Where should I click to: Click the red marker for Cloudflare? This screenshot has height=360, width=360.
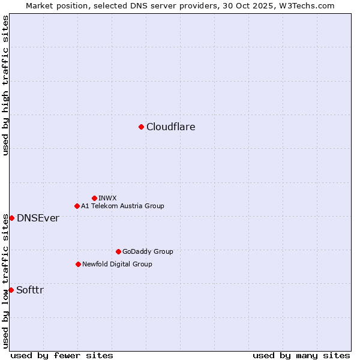click(141, 127)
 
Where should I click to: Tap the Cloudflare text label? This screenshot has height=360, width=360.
click(171, 127)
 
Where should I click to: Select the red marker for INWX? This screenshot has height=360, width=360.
click(94, 198)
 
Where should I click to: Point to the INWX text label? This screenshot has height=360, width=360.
click(107, 198)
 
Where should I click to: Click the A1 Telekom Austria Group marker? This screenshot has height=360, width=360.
click(77, 206)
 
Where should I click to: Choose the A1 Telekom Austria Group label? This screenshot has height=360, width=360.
click(122, 206)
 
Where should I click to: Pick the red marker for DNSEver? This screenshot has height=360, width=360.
click(11, 218)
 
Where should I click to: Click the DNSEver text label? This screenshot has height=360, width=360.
click(38, 218)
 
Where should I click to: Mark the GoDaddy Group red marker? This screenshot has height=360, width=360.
click(118, 251)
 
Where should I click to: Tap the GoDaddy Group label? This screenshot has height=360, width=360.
click(148, 251)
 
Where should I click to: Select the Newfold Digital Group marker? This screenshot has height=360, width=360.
click(78, 264)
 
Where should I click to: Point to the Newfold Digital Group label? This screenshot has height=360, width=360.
click(117, 264)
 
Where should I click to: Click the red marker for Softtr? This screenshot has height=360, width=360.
click(11, 290)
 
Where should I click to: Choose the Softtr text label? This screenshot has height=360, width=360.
click(30, 290)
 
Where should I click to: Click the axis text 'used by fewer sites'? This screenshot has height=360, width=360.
click(62, 355)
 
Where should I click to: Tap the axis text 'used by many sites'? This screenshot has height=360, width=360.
click(301, 355)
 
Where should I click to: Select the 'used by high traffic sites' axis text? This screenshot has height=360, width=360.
click(5, 85)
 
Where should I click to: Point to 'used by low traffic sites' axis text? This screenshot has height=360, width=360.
click(5, 281)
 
